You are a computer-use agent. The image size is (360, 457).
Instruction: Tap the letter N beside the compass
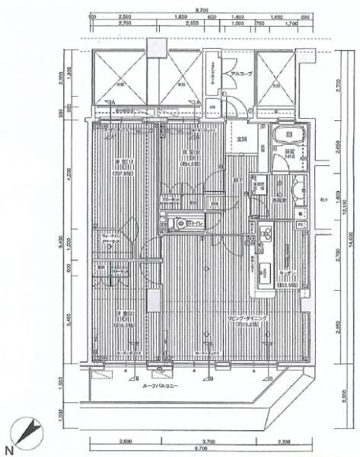8,448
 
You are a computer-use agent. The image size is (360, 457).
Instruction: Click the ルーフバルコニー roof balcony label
162,386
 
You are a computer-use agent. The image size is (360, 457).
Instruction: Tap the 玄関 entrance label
243,139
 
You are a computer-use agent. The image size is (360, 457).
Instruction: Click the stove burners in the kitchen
266,233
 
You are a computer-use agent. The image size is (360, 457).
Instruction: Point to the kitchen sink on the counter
267,270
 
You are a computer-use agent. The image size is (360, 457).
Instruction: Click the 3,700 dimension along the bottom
201,442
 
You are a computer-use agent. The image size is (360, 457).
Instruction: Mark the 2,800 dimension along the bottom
125,442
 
